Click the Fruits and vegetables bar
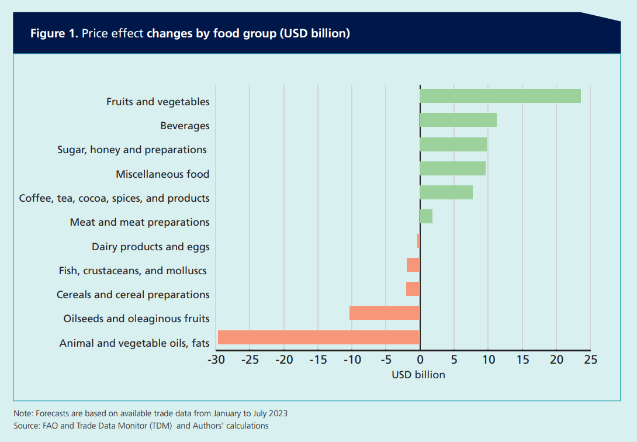(500, 96)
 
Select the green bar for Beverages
(458, 120)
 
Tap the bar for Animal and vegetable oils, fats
(319, 337)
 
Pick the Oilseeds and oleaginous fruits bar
(385, 313)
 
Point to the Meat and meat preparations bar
(426, 216)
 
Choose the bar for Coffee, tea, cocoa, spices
(446, 192)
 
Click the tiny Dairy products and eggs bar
(418, 241)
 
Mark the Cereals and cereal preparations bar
(413, 289)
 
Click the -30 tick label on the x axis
(216, 360)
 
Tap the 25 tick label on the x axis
(590, 360)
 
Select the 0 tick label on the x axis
(420, 360)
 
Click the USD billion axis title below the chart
(418, 375)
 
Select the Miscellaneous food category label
(162, 174)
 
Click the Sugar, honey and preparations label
(132, 150)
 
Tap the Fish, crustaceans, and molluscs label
(133, 270)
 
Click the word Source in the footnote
(26, 426)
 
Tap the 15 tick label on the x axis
(522, 360)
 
